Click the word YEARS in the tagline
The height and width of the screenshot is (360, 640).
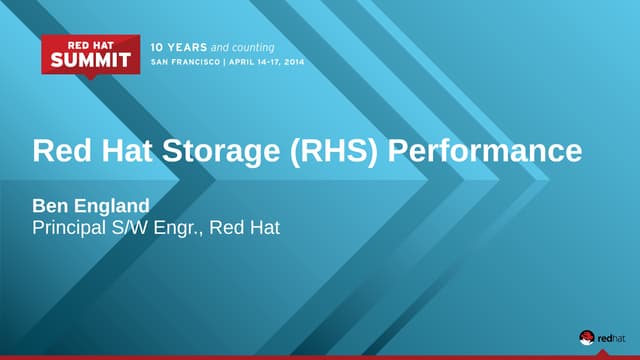coord(185,47)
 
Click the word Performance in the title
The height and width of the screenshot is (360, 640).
coord(483,151)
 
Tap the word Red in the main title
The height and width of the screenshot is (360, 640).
coord(60,151)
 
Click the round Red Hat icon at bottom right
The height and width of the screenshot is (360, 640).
coord(587,337)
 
